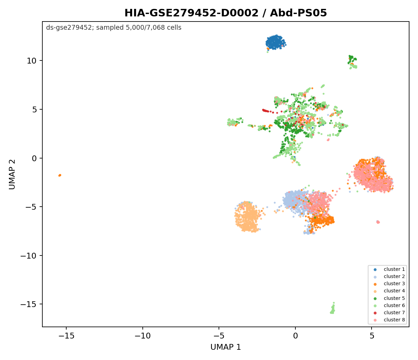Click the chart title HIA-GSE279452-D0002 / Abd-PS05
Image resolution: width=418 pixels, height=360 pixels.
tap(225, 13)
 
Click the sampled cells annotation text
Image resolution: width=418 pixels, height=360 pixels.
tap(114, 28)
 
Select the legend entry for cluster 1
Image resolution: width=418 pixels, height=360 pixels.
tap(390, 269)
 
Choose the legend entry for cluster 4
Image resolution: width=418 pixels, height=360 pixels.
tap(390, 291)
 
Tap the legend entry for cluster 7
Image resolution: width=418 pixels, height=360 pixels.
tap(390, 313)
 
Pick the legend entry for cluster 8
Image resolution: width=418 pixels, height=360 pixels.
tap(390, 320)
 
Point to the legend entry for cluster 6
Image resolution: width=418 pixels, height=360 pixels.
tap(390, 305)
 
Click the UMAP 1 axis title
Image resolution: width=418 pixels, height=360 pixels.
tap(225, 347)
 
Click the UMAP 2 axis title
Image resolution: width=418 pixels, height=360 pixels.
tap(12, 174)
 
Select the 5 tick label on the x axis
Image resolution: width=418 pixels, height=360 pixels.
tap(372, 336)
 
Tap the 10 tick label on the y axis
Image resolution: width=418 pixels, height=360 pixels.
tap(32, 61)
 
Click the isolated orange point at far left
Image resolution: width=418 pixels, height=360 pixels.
tap(60, 175)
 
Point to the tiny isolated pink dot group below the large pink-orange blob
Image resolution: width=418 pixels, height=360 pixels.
tap(378, 222)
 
